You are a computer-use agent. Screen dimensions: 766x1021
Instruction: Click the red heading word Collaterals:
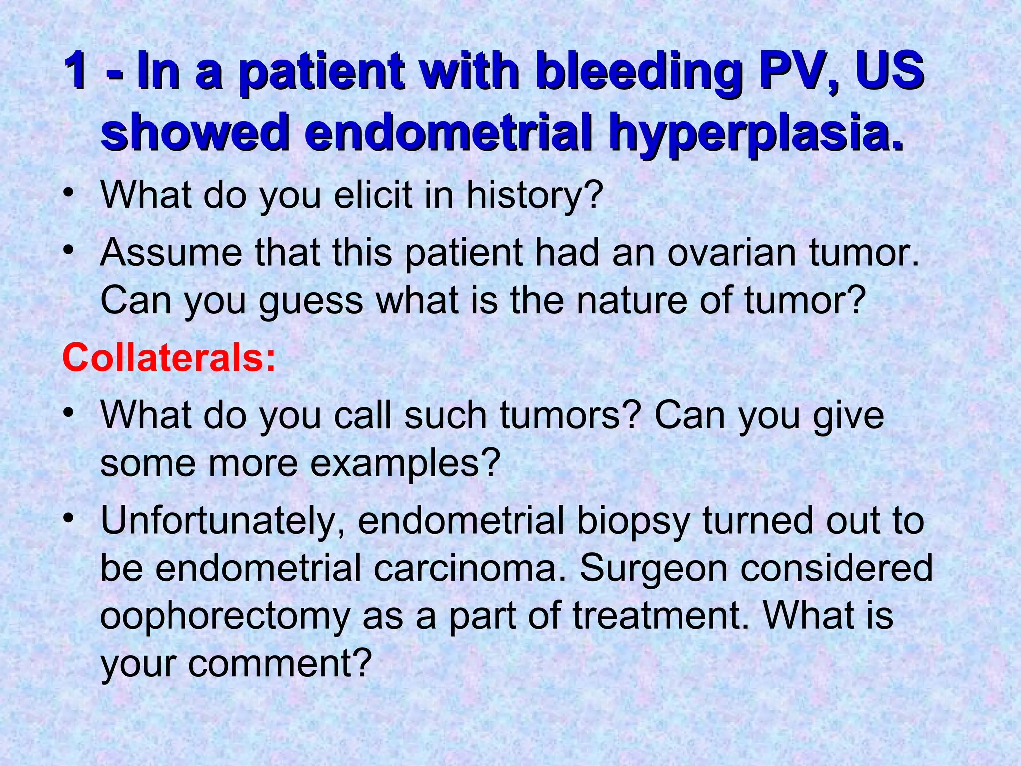(169, 358)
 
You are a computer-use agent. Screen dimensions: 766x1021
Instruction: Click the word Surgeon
(654, 569)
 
